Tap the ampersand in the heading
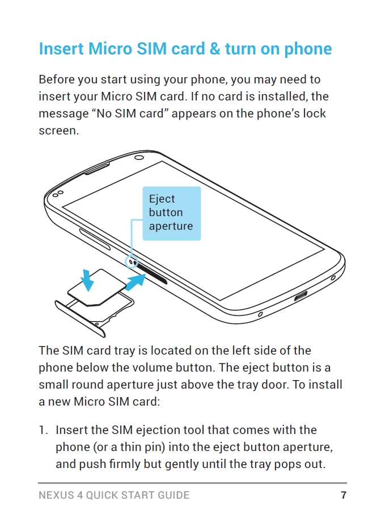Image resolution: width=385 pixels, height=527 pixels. pyautogui.click(x=214, y=49)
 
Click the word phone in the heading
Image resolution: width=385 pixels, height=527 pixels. pyautogui.click(x=308, y=49)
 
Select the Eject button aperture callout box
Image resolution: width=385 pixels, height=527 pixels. pyautogui.click(x=171, y=213)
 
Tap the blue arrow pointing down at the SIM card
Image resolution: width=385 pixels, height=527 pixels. pyautogui.click(x=87, y=279)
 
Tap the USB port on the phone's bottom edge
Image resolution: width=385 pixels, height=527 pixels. pyautogui.click(x=299, y=296)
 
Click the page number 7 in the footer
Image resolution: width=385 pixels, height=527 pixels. pyautogui.click(x=343, y=495)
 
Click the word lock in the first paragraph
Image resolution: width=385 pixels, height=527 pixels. pyautogui.click(x=315, y=113)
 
